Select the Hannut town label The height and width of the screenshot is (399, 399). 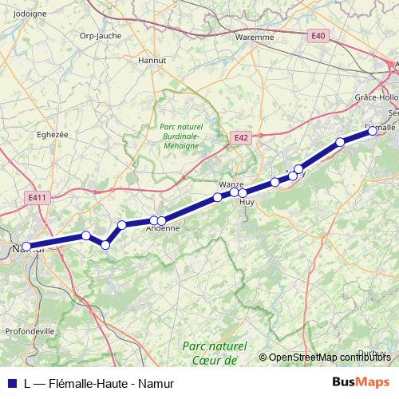151,59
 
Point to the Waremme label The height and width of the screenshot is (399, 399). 255,37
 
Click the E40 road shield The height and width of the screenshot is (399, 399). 318,35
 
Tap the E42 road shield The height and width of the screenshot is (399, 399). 241,138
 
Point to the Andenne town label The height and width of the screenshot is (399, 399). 164,228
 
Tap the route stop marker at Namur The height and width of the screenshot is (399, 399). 26,247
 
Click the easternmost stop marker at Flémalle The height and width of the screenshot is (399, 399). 372,132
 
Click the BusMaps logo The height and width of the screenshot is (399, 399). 361,381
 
